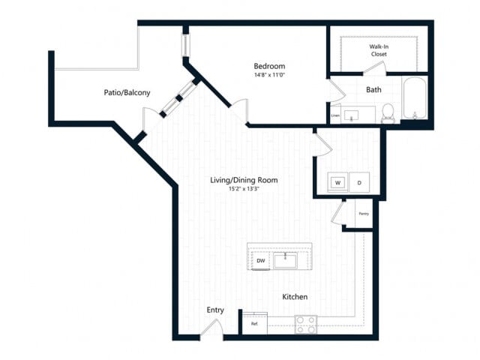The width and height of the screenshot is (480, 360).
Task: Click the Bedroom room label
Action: tap(269, 65)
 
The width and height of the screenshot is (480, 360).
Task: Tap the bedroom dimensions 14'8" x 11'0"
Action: tap(269, 75)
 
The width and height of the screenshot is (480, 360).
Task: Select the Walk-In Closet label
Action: tap(378, 50)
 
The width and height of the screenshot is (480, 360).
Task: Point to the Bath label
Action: tap(373, 90)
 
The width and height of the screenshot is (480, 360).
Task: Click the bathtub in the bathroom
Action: tap(414, 100)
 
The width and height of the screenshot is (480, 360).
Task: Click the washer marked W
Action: tap(337, 182)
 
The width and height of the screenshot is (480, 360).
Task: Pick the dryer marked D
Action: tap(358, 182)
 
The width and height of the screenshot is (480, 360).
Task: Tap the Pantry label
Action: tap(363, 214)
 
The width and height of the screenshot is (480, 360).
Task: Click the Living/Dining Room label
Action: tap(244, 180)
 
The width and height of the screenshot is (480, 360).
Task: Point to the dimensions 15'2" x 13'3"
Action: tap(244, 189)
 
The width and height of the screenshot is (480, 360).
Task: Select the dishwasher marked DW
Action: tap(261, 260)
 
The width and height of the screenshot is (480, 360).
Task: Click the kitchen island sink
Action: tap(286, 260)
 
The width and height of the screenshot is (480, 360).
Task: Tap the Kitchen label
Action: tap(295, 297)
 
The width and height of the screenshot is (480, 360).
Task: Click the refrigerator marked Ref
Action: tap(254, 323)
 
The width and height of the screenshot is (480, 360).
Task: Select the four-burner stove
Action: tap(304, 324)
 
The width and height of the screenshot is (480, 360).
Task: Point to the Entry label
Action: tap(215, 310)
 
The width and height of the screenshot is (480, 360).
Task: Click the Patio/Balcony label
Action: tap(127, 93)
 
